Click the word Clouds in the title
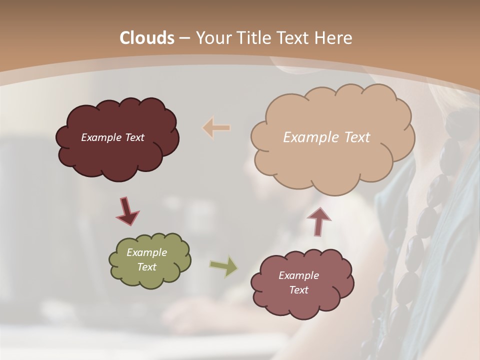pos(147,38)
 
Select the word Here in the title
pos(333,38)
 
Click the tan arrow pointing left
pos(216,128)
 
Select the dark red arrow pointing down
pos(127,211)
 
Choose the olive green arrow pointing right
pos(224,266)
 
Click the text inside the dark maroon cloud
pos(112,137)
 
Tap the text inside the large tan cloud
pos(326,137)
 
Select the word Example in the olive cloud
pos(146,252)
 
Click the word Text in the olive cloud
pos(146,267)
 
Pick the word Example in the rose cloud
pos(298,275)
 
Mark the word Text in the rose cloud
pos(298,290)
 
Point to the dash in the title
pos(184,38)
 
